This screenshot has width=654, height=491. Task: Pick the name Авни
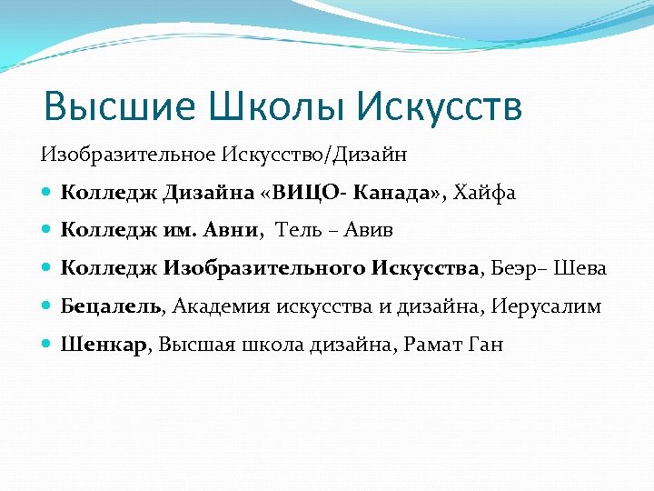pos(231,230)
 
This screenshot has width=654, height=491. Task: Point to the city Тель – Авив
pos(333,230)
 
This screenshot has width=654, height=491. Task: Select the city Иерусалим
pos(546,306)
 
